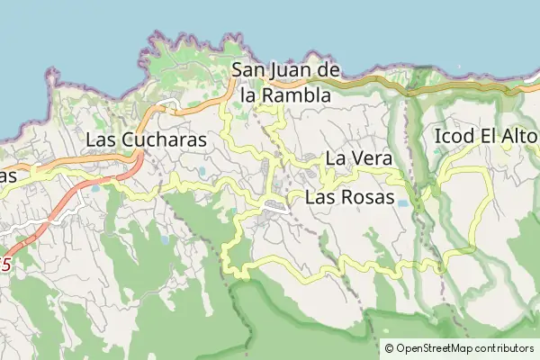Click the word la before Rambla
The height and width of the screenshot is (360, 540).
[237, 94]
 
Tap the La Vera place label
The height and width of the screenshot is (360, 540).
[358, 158]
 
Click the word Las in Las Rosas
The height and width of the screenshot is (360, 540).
[320, 198]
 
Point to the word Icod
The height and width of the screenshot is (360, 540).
[454, 137]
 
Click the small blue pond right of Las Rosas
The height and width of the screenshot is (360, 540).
[402, 204]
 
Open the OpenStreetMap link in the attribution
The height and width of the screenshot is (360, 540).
[436, 348]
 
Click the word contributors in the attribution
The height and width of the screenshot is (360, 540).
[506, 348]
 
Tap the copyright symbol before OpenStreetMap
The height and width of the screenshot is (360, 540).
[390, 348]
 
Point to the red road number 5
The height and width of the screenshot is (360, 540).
[7, 265]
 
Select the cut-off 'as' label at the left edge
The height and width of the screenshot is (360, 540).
[8, 175]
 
